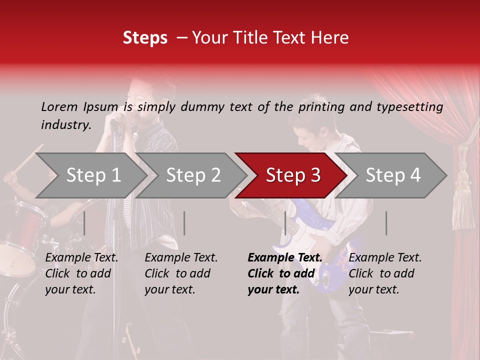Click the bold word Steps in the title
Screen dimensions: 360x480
click(145, 38)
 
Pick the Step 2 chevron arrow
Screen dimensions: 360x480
click(192, 175)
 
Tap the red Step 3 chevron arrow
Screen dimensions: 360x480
click(292, 175)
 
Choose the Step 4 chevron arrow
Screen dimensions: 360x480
click(392, 175)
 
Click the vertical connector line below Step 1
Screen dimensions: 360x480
click(84, 223)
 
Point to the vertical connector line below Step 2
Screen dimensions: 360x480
click(184, 223)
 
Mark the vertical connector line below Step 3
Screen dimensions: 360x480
click(285, 223)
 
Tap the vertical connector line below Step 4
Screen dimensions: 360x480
click(386, 223)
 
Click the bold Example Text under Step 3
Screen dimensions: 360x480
click(285, 273)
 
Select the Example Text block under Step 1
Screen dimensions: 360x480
click(81, 273)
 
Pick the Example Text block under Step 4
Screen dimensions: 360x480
click(385, 273)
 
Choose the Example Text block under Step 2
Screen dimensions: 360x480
click(181, 273)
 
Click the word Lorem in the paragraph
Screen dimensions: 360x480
click(59, 106)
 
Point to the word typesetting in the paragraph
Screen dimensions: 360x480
click(413, 107)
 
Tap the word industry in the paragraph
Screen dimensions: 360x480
click(65, 124)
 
